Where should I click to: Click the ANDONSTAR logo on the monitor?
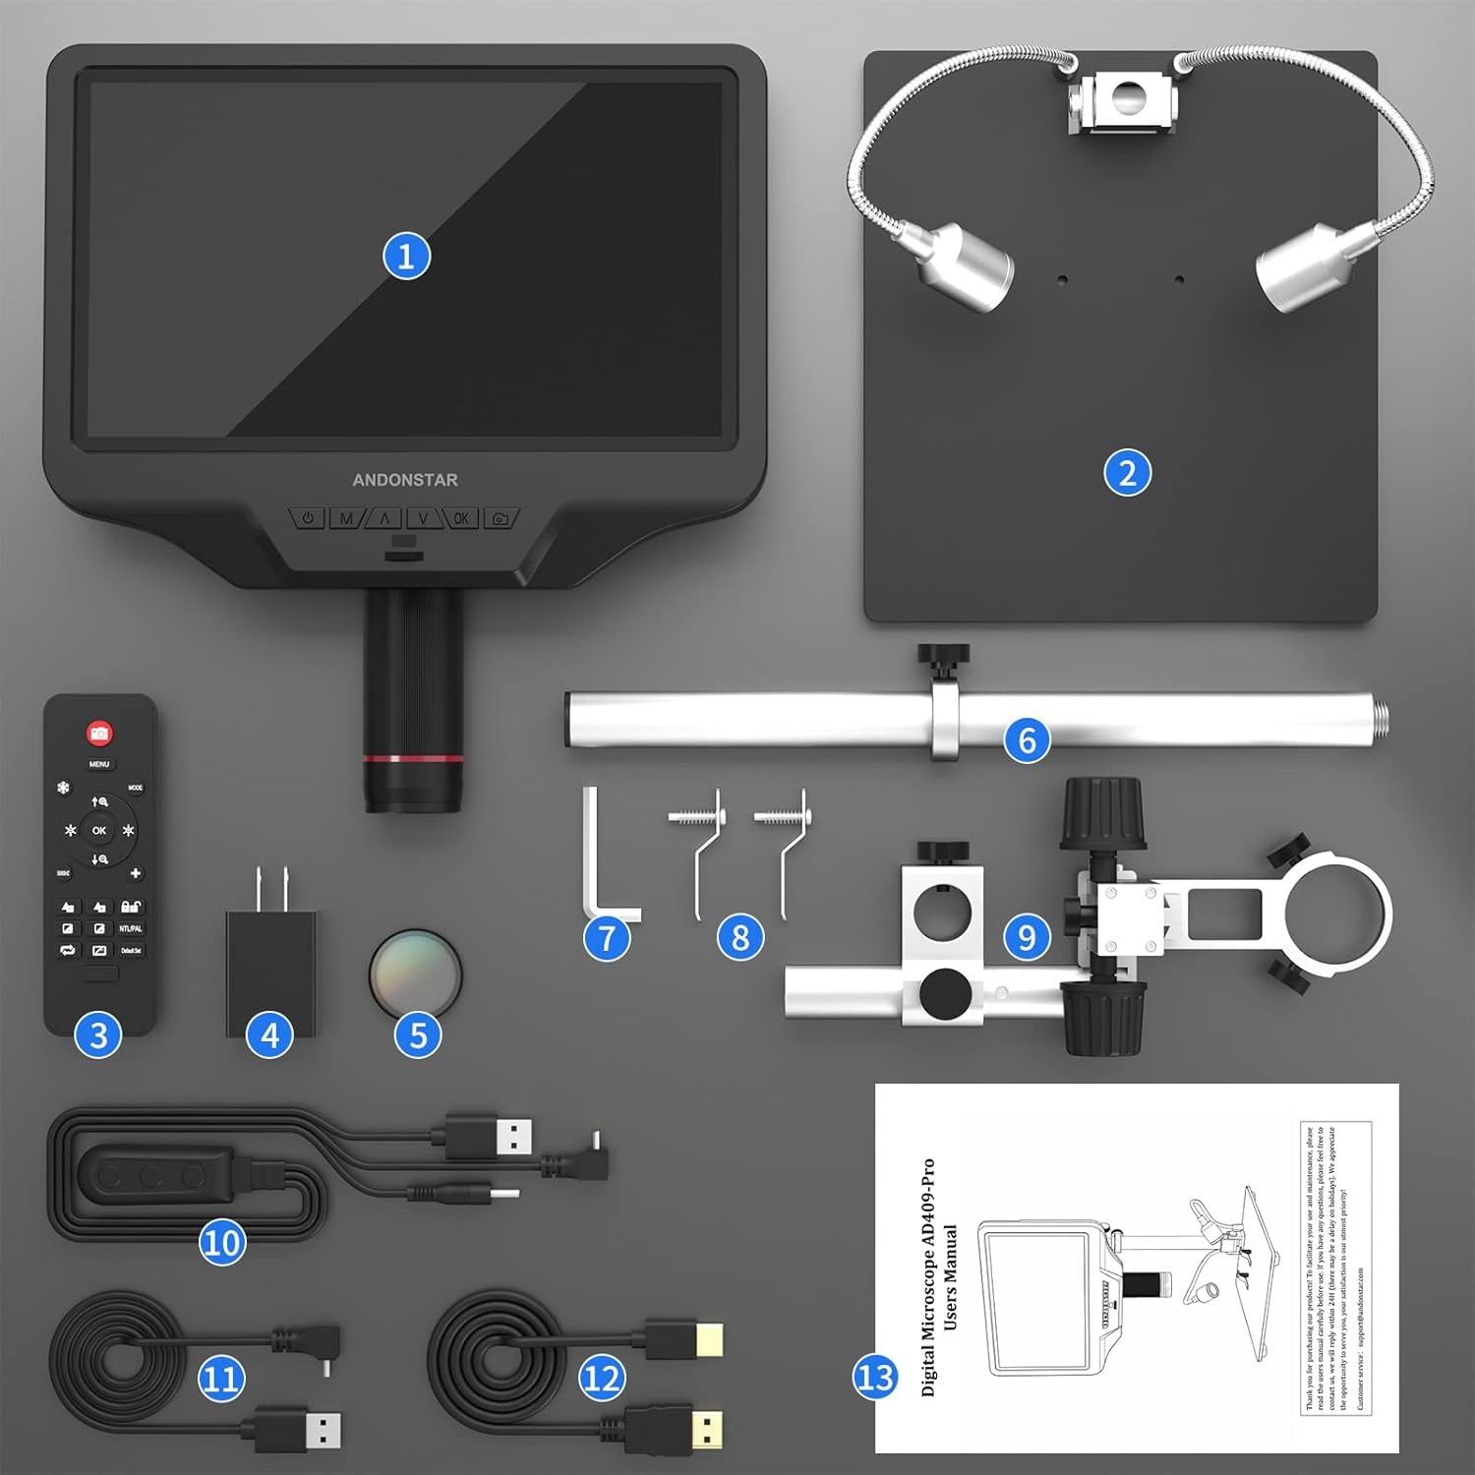pyautogui.click(x=405, y=480)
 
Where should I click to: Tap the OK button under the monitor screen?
pyautogui.click(x=461, y=518)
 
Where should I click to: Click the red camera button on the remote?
pyautogui.click(x=99, y=733)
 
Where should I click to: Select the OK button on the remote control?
pyautogui.click(x=99, y=831)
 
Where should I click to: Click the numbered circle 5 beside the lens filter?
pyautogui.click(x=418, y=1034)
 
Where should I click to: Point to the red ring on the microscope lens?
pyautogui.click(x=413, y=758)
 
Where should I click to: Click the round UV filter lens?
pyautogui.click(x=415, y=973)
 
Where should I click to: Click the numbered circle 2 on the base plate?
pyautogui.click(x=1127, y=473)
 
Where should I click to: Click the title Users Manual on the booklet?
pyautogui.click(x=950, y=1277)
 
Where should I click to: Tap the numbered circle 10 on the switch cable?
pyautogui.click(x=222, y=1243)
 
